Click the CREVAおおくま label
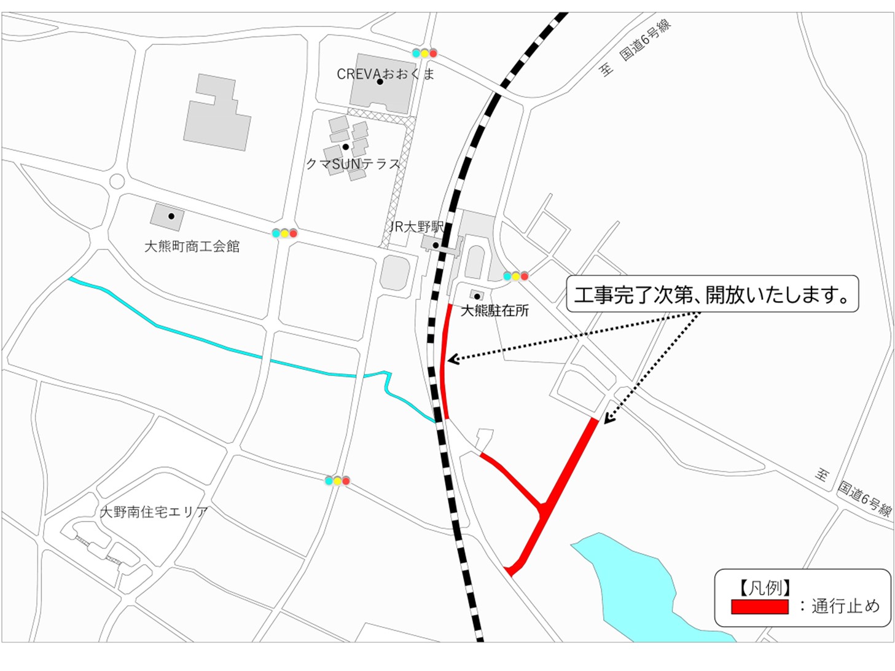pyautogui.click(x=385, y=74)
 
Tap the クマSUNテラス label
pyautogui.click(x=353, y=164)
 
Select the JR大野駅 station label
pyautogui.click(x=416, y=227)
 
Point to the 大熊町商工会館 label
pyautogui.click(x=192, y=246)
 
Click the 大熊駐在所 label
pyautogui.click(x=494, y=310)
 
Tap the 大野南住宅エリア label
pyautogui.click(x=154, y=511)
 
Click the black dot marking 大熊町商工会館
pyautogui.click(x=171, y=216)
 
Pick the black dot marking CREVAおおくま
pyautogui.click(x=380, y=82)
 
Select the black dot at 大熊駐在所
pyautogui.click(x=477, y=296)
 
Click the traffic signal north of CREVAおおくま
pyautogui.click(x=424, y=53)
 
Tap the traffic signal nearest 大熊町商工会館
pyautogui.click(x=284, y=233)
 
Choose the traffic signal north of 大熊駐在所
pyautogui.click(x=515, y=277)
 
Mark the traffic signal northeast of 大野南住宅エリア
pyautogui.click(x=337, y=481)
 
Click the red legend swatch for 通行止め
pyautogui.click(x=759, y=606)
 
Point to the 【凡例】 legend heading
pyautogui.click(x=765, y=588)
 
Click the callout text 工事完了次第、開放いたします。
pyautogui.click(x=711, y=295)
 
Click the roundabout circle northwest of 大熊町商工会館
pyautogui.click(x=117, y=182)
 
